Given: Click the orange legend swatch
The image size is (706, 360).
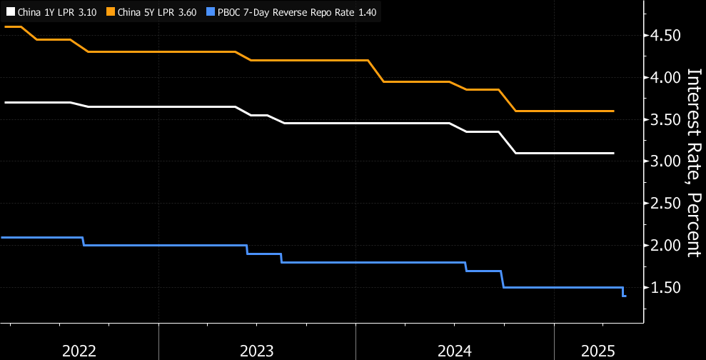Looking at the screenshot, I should (111, 12).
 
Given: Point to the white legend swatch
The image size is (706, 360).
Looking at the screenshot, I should (9, 12).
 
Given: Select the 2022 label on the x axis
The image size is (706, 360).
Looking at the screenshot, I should (79, 350).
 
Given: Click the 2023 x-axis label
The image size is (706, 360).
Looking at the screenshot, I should (257, 350).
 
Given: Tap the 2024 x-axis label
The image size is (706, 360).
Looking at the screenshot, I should (455, 350).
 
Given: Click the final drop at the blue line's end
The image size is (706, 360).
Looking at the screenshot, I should (624, 292).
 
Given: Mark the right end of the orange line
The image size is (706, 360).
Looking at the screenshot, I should (613, 111).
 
